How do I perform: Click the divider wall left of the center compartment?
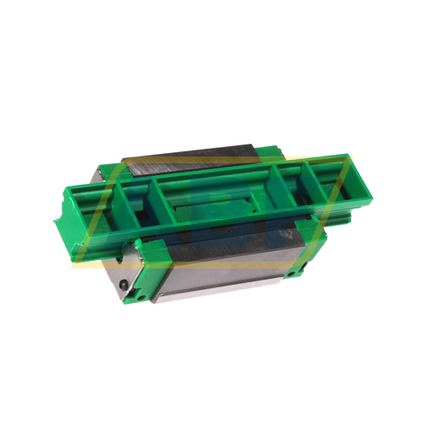pos(154,204)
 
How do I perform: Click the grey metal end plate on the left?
pos(119,272)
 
